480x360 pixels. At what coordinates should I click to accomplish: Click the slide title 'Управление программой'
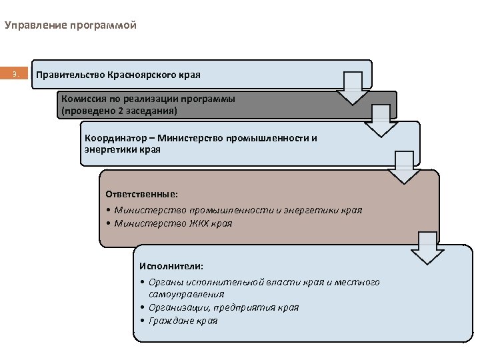click(x=70, y=26)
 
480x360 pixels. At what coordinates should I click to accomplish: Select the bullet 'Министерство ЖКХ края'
click(x=173, y=223)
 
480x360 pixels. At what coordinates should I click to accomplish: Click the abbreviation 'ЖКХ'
click(x=198, y=223)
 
